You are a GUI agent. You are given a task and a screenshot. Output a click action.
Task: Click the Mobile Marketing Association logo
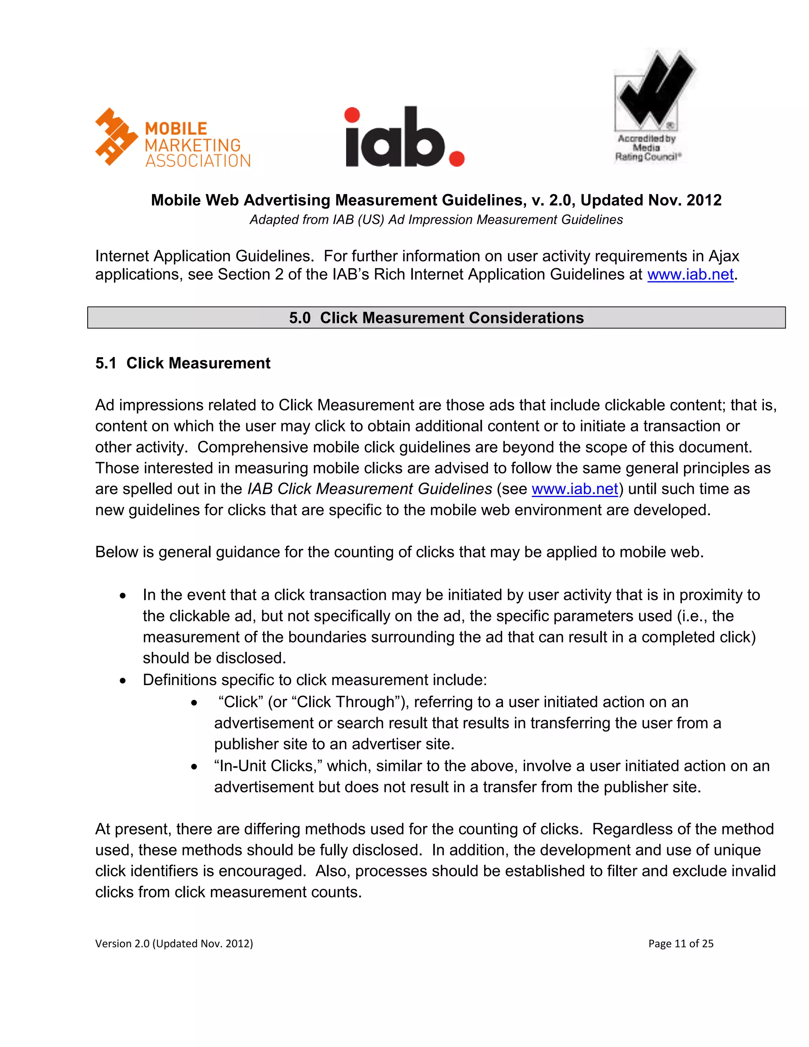point(173,138)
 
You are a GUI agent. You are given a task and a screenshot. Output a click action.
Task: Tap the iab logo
point(404,137)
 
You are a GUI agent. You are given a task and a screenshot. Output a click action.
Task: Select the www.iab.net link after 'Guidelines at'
point(690,275)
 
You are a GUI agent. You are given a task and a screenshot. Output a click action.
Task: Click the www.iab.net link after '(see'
point(575,489)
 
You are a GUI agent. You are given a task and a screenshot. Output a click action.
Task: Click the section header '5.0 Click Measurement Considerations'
point(436,318)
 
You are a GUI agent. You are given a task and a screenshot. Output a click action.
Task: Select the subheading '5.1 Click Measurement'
point(182,363)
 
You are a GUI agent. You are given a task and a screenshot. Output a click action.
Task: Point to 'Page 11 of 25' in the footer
point(681,943)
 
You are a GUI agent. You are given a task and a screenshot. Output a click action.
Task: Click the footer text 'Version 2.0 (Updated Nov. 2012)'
point(174,943)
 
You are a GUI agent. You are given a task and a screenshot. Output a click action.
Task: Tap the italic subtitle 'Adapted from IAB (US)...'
point(436,220)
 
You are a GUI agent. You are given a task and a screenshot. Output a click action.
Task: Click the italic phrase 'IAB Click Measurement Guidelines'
point(369,489)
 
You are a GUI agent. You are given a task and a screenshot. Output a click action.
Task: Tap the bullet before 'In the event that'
point(123,596)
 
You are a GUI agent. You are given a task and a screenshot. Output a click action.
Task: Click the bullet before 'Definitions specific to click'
point(123,681)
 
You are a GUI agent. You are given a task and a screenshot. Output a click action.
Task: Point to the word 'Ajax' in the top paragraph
point(723,256)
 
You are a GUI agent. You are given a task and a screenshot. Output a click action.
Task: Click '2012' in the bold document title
point(704,200)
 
